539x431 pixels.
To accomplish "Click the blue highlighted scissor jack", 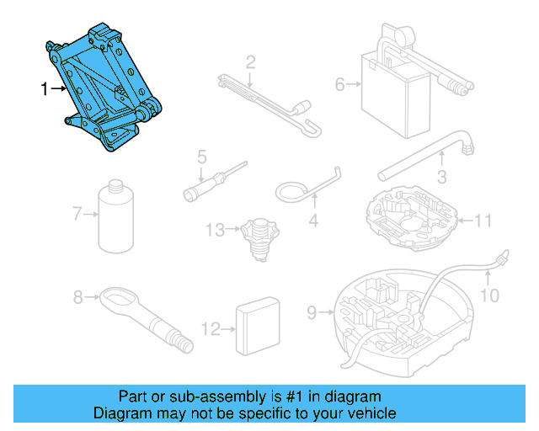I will tap(106, 88).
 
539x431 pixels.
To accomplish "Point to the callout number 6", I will tap(340, 83).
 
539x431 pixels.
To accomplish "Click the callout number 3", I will tap(440, 177).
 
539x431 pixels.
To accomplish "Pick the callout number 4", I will tap(313, 222).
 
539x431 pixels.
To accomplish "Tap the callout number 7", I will tap(77, 214).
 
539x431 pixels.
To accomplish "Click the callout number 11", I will tap(483, 221).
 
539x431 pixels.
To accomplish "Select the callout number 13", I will tap(214, 228).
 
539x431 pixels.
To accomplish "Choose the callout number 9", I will tap(312, 312).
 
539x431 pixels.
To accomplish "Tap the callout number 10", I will tap(489, 295).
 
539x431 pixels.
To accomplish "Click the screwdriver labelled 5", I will tap(214, 181).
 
